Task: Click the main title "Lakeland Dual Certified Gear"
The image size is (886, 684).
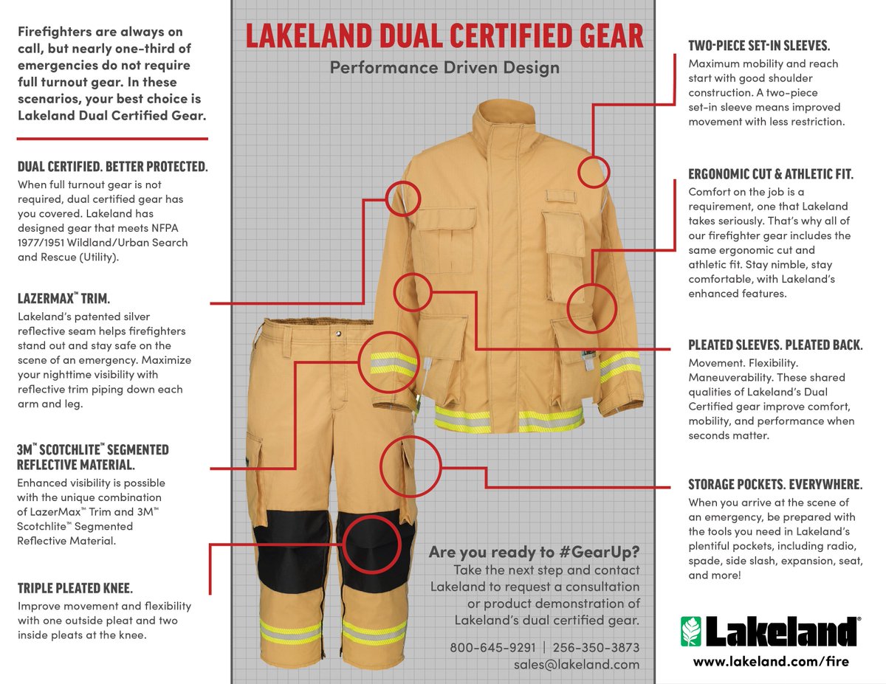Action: [444, 36]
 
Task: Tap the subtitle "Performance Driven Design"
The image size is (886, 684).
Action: [444, 69]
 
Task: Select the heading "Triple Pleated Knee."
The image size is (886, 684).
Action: [75, 588]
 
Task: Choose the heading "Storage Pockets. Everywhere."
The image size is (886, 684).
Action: [775, 485]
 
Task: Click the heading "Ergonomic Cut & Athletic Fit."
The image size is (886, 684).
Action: [771, 175]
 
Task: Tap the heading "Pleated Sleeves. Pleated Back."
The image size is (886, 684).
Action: [775, 345]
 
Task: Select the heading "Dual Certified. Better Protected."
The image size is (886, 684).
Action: [112, 167]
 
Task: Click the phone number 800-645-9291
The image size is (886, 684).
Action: [492, 648]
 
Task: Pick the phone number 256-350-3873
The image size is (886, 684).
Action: [596, 648]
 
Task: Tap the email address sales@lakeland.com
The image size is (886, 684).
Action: [577, 664]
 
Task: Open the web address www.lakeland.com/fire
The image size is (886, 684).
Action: [771, 661]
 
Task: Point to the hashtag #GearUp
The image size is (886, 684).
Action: [603, 553]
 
